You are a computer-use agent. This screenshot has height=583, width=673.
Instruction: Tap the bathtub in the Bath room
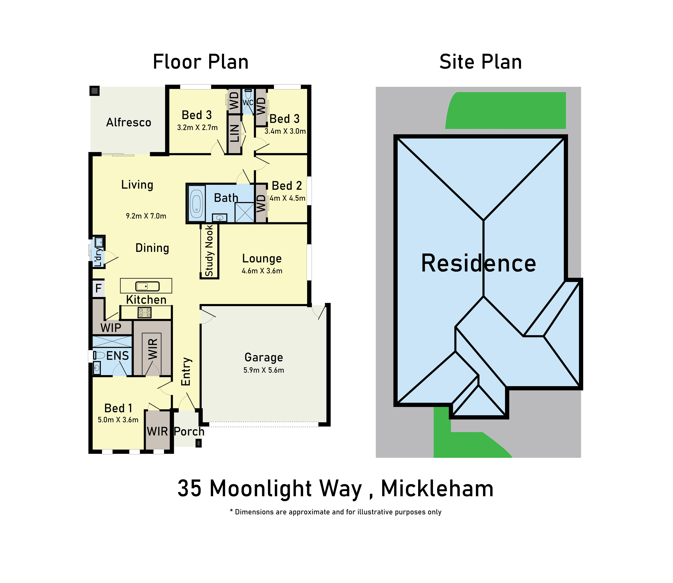point(196,204)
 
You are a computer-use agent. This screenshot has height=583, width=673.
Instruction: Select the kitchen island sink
point(147,286)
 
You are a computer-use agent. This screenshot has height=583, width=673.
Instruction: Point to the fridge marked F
point(99,288)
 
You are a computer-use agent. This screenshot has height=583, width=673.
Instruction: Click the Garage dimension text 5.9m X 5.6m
point(264,370)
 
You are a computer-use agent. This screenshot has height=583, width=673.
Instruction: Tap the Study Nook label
point(209,251)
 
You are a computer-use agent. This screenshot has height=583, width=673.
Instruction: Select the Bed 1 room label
point(118,408)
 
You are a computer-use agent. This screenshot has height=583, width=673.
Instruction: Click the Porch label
point(189,431)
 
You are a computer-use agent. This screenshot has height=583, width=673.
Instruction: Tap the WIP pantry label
point(111,328)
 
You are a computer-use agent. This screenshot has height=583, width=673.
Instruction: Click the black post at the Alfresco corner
point(95,91)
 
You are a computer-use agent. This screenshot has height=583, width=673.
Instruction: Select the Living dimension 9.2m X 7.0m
point(146,216)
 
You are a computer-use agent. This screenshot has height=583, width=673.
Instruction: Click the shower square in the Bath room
point(245,212)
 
